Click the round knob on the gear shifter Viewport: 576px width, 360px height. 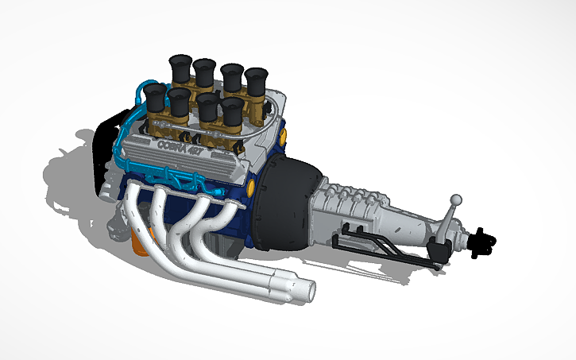coord(456,199)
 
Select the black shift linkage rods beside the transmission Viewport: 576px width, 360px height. coord(381,246)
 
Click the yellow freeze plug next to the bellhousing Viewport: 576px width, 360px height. coord(252,188)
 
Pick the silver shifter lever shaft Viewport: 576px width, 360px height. coord(450,221)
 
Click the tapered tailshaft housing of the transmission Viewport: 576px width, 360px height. coord(413,223)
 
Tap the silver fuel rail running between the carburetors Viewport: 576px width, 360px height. coord(215,127)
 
